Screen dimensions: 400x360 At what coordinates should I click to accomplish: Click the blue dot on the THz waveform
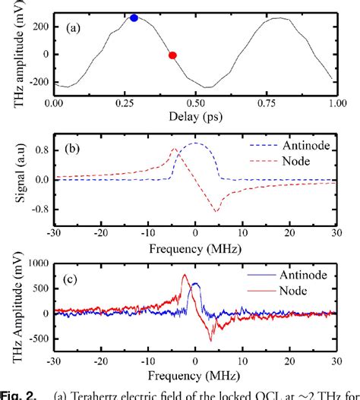click(x=134, y=17)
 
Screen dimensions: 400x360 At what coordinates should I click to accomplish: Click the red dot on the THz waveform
click(x=172, y=55)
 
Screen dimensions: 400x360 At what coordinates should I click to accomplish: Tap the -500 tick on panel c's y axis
click(x=35, y=339)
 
